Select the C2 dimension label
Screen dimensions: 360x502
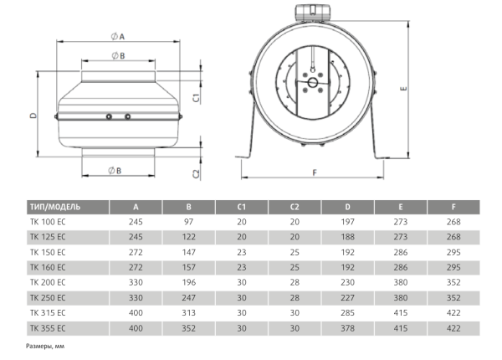point(194,173)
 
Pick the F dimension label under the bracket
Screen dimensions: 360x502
point(313,172)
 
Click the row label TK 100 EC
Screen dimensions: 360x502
point(47,223)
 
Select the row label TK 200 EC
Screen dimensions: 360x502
point(47,282)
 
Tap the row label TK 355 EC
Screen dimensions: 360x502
point(47,327)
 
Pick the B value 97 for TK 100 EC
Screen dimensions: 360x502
point(189,223)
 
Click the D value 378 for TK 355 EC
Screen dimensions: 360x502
point(347,327)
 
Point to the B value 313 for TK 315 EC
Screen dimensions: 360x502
point(189,312)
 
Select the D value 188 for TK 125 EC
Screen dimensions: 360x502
point(347,238)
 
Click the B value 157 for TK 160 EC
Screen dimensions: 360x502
point(189,268)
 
